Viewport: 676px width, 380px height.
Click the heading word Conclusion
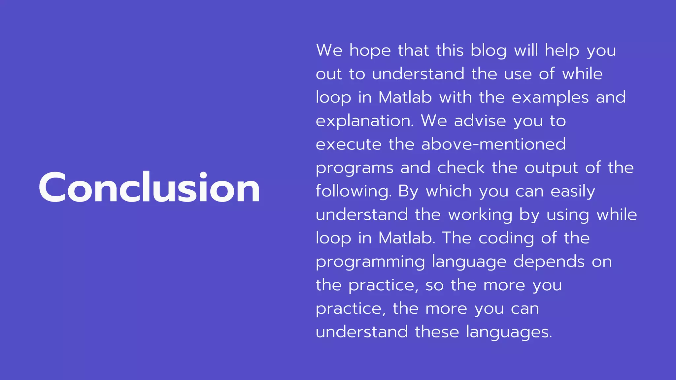click(149, 187)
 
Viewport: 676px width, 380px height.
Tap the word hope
click(370, 51)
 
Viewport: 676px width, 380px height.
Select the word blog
click(488, 51)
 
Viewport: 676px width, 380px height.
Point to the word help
click(562, 51)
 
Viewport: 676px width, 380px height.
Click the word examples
click(550, 98)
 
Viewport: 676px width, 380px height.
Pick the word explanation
click(364, 121)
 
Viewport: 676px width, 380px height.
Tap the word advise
click(480, 121)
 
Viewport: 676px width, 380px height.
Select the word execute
click(349, 144)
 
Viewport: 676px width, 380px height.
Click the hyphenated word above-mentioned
click(493, 144)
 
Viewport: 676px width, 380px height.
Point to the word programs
click(355, 168)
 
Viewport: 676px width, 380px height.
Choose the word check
click(461, 168)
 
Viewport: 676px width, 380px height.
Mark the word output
click(551, 168)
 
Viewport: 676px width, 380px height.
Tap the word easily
click(573, 192)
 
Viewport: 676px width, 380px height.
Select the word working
click(480, 215)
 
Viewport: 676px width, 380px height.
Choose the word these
click(437, 332)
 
